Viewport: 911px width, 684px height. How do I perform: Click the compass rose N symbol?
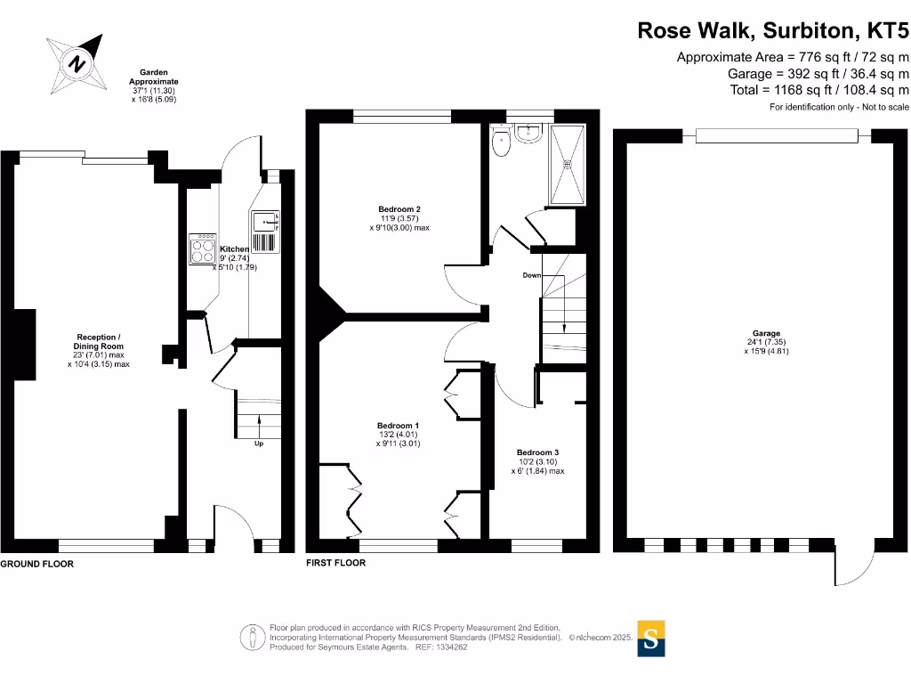pos(77,63)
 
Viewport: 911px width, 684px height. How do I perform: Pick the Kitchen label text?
pos(234,249)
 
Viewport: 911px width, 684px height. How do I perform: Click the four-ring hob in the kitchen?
pos(202,249)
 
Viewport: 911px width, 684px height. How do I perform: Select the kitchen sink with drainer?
pos(265,232)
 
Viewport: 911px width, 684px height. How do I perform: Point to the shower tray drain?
pos(567,165)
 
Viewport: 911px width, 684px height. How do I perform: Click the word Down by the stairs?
pos(532,275)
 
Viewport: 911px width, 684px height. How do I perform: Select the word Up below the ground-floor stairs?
pos(259,444)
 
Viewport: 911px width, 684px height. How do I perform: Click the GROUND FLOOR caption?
pos(36,564)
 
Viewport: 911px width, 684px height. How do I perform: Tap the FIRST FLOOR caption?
pos(335,563)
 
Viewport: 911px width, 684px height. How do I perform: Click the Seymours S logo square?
pos(650,639)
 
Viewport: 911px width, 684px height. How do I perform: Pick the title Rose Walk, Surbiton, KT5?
pos(773,30)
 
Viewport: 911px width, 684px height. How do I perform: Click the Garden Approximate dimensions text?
pos(153,86)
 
